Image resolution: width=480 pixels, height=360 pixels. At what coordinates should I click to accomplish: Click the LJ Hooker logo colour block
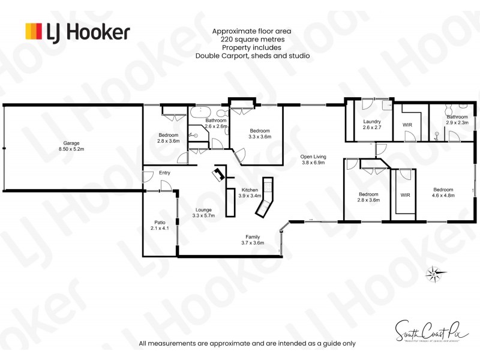[34, 31]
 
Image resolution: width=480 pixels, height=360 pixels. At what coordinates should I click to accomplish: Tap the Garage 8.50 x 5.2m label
[70, 146]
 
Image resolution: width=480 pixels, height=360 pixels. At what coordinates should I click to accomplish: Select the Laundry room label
[372, 124]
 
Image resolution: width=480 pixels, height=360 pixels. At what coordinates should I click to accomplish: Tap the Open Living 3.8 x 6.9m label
[313, 160]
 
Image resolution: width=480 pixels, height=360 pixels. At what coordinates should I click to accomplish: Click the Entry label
[164, 173]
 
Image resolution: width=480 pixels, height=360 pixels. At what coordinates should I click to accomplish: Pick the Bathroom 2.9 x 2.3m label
[457, 119]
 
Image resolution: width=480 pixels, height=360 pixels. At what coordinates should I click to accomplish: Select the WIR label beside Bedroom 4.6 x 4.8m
[404, 195]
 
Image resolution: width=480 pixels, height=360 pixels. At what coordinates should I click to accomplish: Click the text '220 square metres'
[252, 39]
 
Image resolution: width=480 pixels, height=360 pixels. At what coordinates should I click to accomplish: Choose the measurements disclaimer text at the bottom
[247, 344]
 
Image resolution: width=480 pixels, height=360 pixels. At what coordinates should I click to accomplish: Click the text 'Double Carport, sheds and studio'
[252, 56]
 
